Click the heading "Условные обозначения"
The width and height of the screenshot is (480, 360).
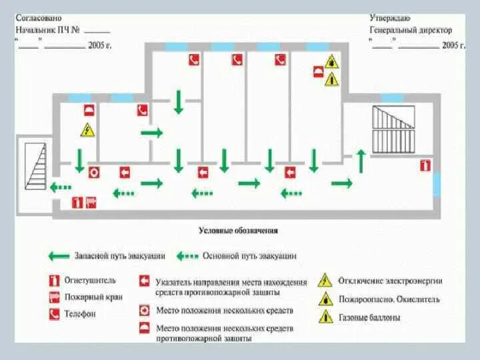pos(238,231)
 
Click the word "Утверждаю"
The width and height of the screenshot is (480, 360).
pos(390,19)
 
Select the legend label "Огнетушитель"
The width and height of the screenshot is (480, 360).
pos(90,281)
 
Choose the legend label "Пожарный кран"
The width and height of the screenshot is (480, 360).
pos(93,297)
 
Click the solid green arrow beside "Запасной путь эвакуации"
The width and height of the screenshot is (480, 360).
pos(58,255)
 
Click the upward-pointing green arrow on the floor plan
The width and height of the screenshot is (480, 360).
pos(361,161)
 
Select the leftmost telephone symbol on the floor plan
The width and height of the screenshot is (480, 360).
pos(142,111)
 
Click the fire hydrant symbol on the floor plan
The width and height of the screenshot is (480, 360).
pos(91,201)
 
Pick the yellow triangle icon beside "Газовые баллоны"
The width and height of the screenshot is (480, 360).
pos(325,317)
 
